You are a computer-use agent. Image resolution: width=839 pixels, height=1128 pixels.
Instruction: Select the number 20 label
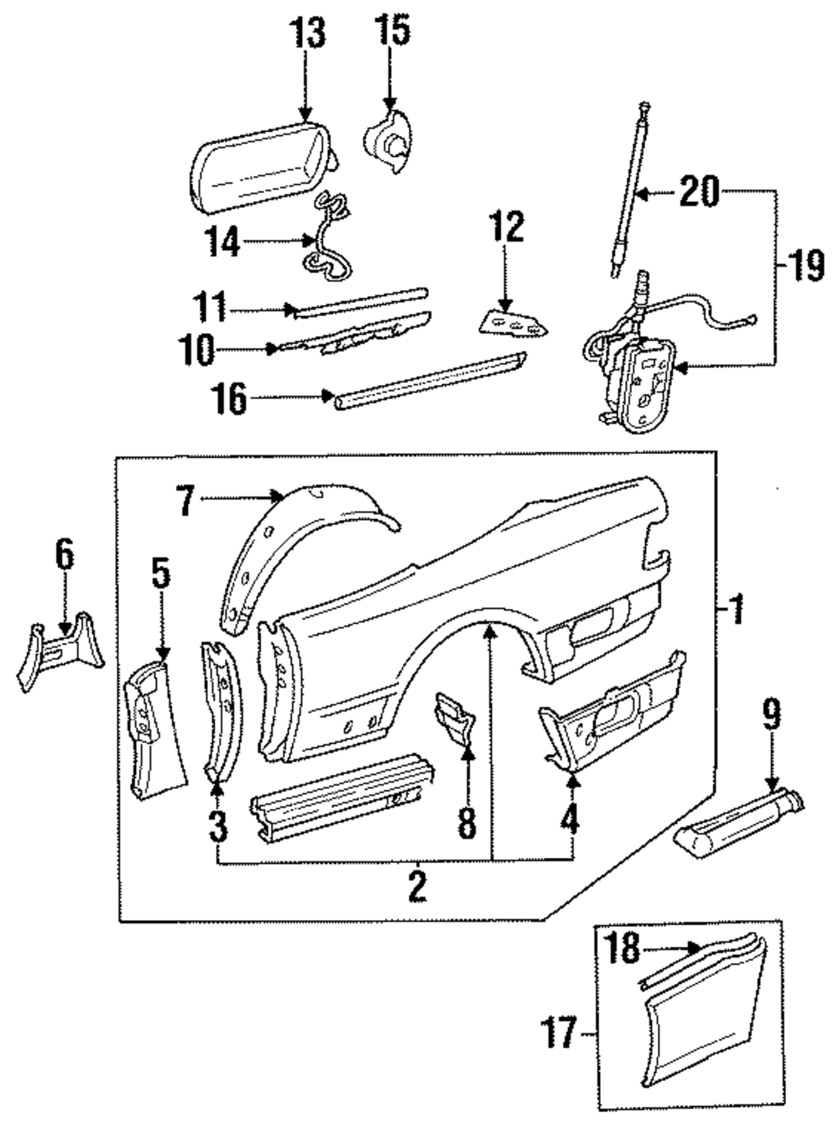[700, 192]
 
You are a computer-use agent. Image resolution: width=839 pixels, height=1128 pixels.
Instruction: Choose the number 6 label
[65, 554]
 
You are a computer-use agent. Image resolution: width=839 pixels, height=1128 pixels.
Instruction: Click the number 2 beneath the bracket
[417, 886]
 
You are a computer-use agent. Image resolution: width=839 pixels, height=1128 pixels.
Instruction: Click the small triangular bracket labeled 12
[512, 322]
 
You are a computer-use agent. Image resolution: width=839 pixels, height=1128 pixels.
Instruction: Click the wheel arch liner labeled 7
[277, 545]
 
